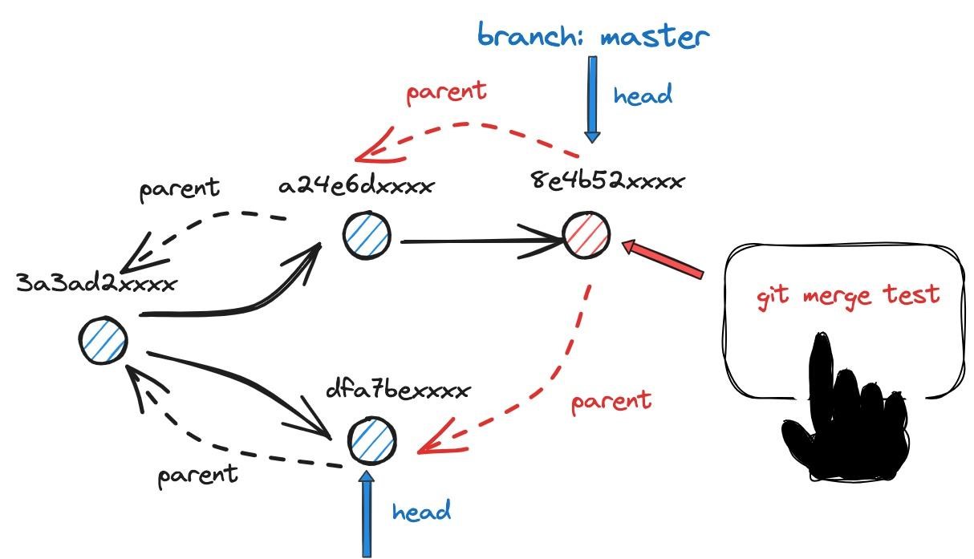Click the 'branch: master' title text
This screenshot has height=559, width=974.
[594, 36]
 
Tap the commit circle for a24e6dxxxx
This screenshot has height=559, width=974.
[367, 236]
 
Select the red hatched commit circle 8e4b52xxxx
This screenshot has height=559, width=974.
[586, 234]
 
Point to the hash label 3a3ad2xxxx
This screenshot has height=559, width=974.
[95, 283]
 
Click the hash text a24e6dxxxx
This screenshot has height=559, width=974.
[356, 186]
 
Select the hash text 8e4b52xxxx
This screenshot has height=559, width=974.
[607, 180]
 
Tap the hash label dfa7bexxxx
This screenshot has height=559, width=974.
[397, 391]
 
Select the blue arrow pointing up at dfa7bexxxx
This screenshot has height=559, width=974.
[367, 513]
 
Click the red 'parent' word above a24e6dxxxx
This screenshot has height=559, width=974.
[446, 91]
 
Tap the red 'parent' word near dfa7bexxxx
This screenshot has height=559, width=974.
[611, 400]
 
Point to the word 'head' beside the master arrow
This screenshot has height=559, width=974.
[643, 95]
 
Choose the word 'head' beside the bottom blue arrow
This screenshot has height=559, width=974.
[421, 510]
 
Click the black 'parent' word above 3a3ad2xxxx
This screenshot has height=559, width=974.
[179, 188]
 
